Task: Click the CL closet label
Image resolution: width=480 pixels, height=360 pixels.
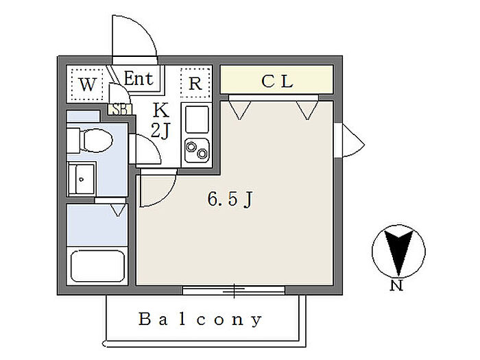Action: point(277,81)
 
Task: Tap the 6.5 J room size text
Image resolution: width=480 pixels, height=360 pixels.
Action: point(230,200)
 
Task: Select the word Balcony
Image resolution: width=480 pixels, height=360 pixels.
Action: point(200,320)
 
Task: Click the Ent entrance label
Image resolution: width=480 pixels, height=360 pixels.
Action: point(139,78)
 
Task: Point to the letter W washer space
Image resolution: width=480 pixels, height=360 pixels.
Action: point(88,84)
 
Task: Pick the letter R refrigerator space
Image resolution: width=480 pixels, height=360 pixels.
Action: point(195,83)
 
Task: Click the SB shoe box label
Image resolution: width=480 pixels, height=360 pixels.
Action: point(120,109)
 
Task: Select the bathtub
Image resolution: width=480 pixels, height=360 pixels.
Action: point(97,266)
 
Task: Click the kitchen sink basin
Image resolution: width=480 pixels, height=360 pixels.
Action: point(197,120)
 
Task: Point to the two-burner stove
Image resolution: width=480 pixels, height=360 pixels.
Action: point(197,150)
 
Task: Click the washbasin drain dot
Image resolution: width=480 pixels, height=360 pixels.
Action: point(81,180)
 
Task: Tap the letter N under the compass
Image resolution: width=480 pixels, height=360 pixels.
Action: point(396,285)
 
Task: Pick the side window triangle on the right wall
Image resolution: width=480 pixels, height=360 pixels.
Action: point(353,141)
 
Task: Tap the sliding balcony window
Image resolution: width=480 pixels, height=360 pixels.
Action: point(234,290)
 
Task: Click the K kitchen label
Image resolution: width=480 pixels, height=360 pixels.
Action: point(160,110)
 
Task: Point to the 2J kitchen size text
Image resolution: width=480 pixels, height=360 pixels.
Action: point(160,131)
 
